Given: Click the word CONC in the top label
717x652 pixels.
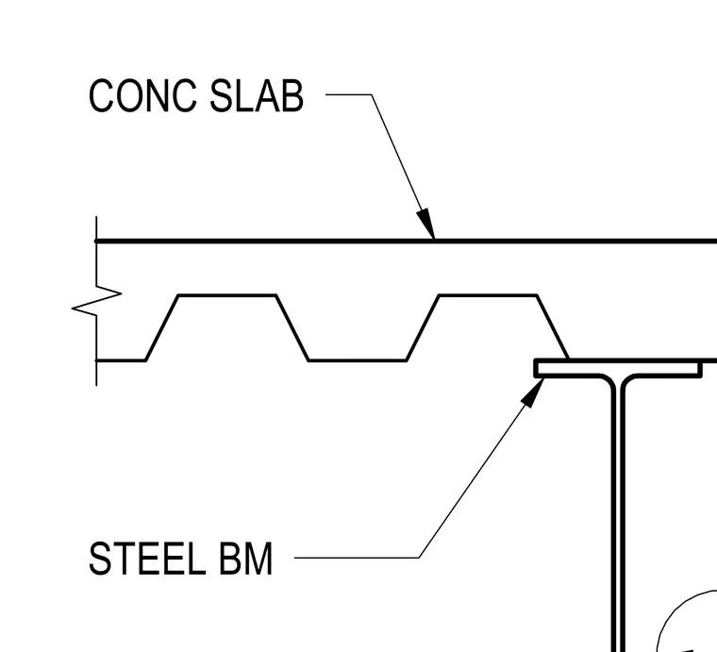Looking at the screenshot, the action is pos(142,95).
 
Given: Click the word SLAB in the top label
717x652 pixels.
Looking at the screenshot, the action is pos(257,95).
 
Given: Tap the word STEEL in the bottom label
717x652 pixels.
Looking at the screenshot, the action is pos(147,559).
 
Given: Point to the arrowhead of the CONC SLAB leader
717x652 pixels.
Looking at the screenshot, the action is pos(426,224).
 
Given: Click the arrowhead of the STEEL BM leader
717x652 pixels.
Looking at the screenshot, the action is pos(533,393).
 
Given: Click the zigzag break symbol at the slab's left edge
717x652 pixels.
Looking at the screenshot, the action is pos(96,301).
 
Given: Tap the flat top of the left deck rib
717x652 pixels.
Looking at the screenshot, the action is pos(227,296).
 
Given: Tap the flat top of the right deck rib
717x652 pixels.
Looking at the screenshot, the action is pos(488,296).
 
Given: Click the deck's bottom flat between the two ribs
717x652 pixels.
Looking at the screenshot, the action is pos(358,360).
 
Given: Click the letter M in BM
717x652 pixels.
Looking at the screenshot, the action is pos(258,559).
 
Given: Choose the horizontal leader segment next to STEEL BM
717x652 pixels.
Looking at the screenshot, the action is pos(357,558).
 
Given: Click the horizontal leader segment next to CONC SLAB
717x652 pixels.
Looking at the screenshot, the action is pos(348,94).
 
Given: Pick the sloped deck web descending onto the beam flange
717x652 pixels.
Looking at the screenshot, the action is pos(553,327).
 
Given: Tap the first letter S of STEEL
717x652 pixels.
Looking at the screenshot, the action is pos(99,559).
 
